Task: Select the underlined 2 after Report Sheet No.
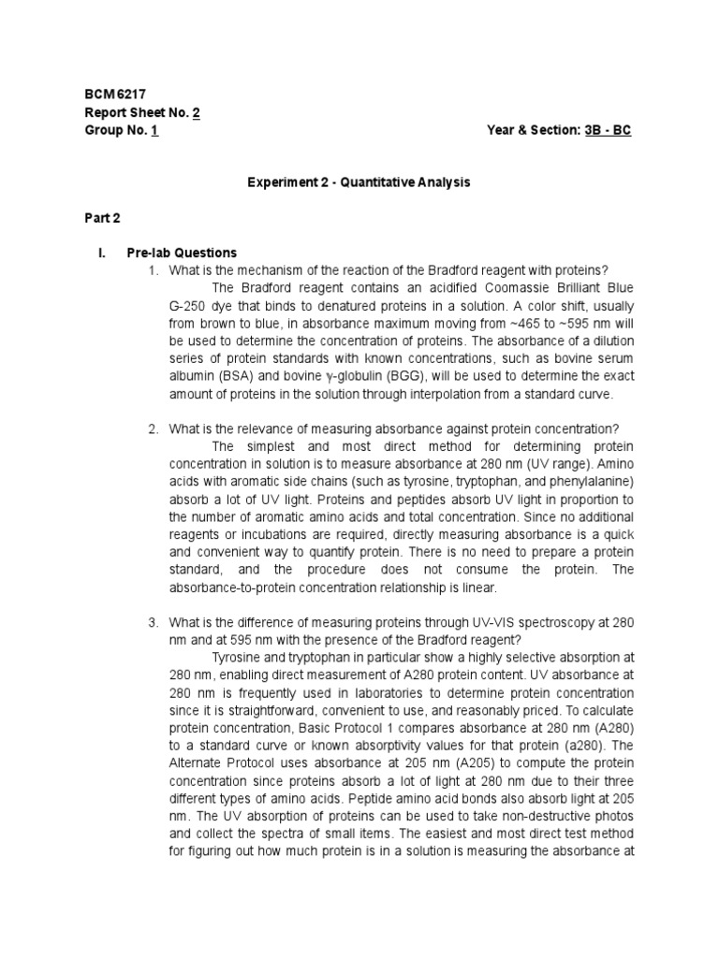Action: pos(197,112)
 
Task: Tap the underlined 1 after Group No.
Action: pos(154,130)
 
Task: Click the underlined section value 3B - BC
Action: pos(608,130)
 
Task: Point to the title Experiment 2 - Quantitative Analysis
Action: pos(359,182)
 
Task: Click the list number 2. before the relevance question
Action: pos(154,428)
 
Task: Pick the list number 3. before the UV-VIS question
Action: pos(154,622)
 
